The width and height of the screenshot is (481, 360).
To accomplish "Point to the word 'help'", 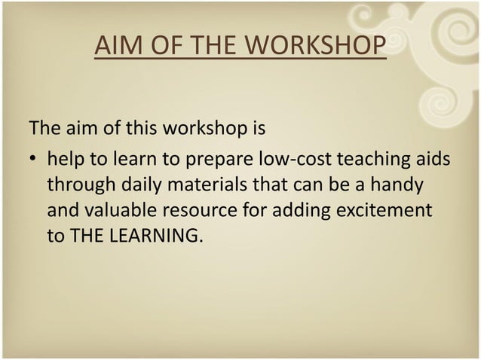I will coord(66,160).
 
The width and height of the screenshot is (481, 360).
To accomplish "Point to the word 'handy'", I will coord(400,185).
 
